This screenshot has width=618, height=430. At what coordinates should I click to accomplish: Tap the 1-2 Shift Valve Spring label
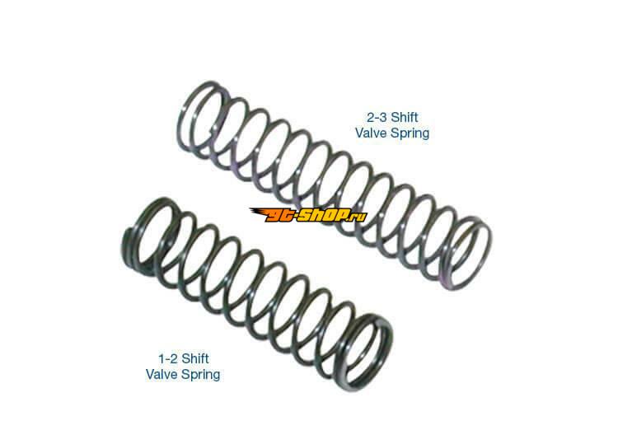pos(183,366)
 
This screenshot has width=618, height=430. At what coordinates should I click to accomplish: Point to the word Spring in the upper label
pos(411,133)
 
